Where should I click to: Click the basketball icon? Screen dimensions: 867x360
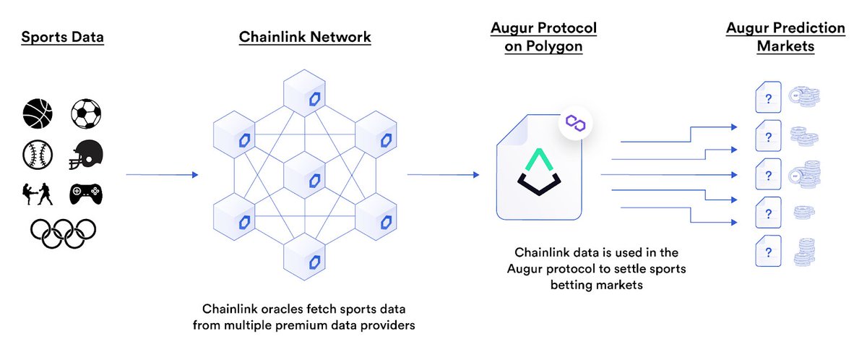click(38, 113)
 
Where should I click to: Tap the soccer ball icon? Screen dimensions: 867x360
click(86, 113)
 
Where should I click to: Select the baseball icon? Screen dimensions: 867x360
click(38, 155)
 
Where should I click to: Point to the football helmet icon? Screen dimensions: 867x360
click(86, 155)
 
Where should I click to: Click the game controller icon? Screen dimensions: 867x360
click(86, 194)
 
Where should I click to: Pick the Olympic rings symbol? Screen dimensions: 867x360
click(63, 233)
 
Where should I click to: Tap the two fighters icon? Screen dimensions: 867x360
click(38, 194)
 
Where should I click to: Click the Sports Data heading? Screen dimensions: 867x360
click(63, 37)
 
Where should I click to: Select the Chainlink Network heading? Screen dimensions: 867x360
click(305, 37)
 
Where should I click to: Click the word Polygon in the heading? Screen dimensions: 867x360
click(554, 46)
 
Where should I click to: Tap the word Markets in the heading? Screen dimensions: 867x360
click(786, 46)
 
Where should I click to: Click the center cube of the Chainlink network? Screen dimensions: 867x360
click(305, 176)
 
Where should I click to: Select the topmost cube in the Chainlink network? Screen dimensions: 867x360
click(305, 93)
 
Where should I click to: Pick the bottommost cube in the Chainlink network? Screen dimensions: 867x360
click(305, 257)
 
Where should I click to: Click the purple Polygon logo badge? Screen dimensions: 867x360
click(576, 123)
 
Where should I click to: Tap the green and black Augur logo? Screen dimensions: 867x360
click(539, 172)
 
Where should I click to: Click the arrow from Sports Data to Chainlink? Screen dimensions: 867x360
click(162, 175)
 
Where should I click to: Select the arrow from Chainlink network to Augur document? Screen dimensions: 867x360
click(443, 175)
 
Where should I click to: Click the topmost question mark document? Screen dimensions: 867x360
click(768, 97)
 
